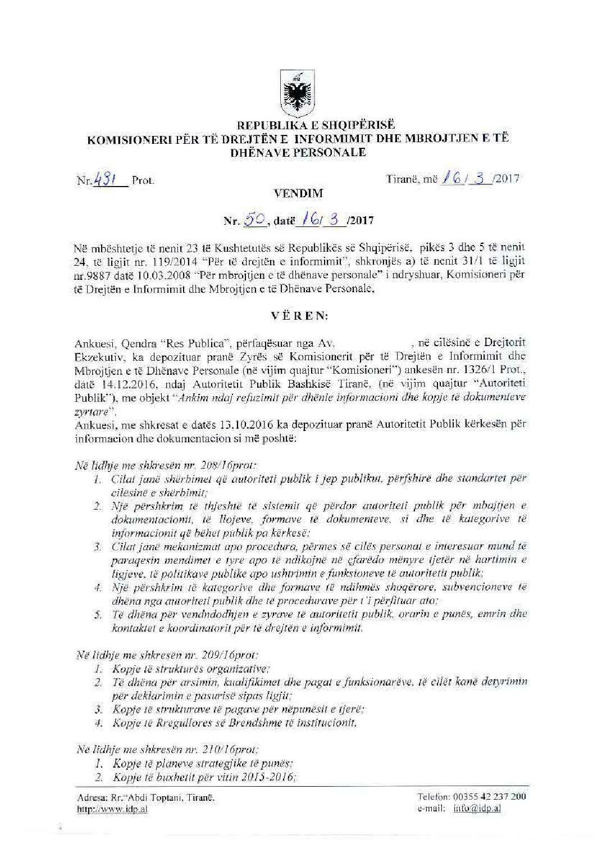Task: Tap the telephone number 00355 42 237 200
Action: coord(489,797)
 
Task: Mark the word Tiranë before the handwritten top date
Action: coord(401,179)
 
